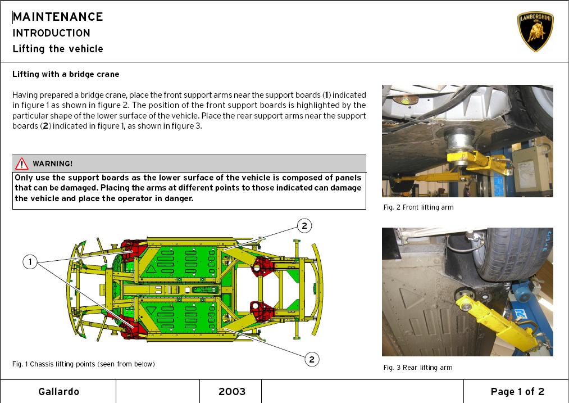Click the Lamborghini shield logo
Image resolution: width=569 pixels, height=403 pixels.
pos(535,31)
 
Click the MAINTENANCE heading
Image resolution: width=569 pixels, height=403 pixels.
pos(58,17)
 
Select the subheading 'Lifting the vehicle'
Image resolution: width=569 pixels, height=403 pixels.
pos(58,49)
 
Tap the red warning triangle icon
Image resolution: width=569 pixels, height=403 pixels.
pos(22,164)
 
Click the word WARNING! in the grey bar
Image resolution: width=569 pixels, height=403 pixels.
pos(53,164)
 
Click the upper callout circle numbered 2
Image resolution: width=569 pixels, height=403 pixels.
pos(304,226)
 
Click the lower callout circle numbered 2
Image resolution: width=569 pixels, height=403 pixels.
pos(312,360)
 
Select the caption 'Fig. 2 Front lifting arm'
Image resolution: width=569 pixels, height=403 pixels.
pos(418,207)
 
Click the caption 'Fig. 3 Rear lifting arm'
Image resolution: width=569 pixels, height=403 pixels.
pos(418,368)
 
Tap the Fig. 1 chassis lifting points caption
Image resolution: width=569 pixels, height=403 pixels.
pos(84,364)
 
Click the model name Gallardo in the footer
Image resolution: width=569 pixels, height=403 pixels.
pos(58,391)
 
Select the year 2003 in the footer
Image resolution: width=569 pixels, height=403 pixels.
pos(232,391)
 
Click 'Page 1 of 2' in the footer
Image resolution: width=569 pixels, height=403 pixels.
pos(517,391)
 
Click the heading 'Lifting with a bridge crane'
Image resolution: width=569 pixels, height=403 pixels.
pos(66,74)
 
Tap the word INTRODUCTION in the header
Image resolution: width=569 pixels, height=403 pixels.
pos(51,33)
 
